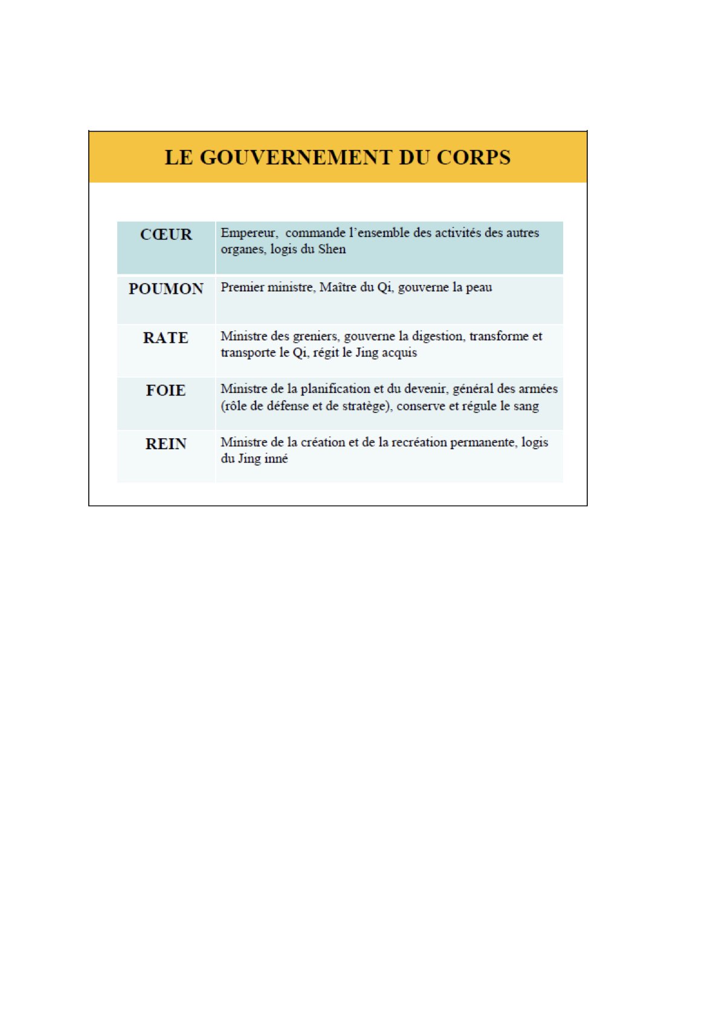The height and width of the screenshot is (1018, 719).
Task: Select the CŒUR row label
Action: [166, 235]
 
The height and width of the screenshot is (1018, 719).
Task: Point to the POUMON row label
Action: [166, 289]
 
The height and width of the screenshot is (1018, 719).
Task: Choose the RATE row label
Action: [166, 338]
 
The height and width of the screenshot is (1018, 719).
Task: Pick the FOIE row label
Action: [166, 391]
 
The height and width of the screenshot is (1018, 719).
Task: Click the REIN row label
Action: [166, 444]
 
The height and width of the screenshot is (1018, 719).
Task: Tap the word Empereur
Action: [248, 233]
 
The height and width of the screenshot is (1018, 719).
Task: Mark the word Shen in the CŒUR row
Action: [332, 249]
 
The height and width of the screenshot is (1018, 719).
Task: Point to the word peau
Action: [479, 287]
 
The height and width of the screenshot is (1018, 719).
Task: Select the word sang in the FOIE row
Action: [526, 406]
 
